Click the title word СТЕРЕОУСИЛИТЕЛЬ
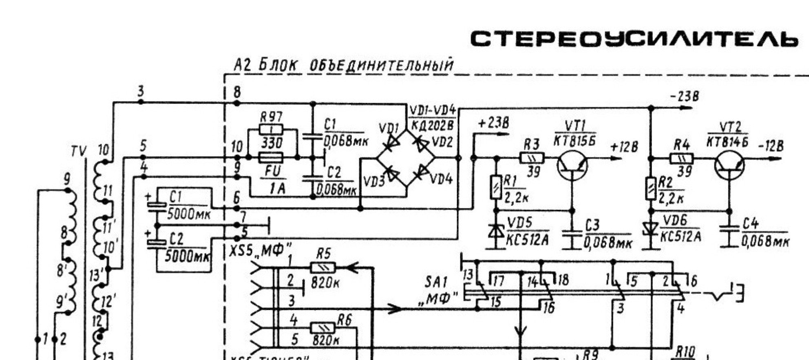(x=634, y=40)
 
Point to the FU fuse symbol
(x=271, y=157)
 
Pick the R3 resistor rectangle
(x=532, y=158)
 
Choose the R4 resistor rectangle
(x=681, y=158)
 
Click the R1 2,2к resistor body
(x=496, y=187)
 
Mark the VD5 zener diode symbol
(x=496, y=230)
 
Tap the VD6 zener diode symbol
(x=651, y=228)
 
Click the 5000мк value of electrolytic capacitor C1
(x=188, y=215)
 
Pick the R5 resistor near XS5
(x=323, y=268)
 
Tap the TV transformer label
(x=78, y=152)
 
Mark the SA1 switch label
(x=436, y=282)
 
